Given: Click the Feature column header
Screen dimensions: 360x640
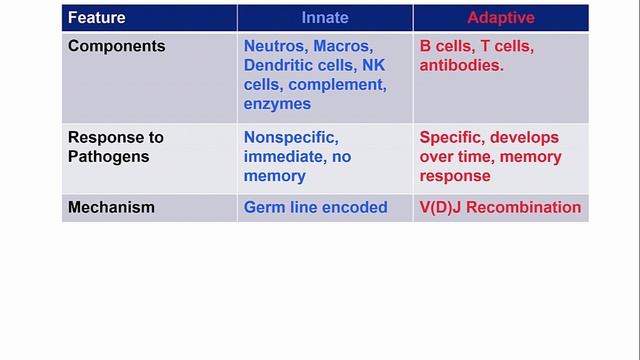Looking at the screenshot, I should [x=96, y=17].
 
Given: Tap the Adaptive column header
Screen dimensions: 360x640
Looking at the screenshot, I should [x=500, y=17].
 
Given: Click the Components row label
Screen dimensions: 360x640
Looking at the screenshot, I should [x=116, y=47].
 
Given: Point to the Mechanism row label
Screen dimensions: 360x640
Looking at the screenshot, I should [x=111, y=208].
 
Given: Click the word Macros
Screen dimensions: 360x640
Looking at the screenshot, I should [x=345, y=47].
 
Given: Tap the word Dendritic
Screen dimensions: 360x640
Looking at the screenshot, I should [x=280, y=66].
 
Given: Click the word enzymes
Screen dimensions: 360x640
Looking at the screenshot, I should [x=277, y=104].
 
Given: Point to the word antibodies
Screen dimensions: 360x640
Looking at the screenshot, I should [x=462, y=66].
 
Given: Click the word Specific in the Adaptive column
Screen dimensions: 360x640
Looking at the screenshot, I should [x=453, y=138].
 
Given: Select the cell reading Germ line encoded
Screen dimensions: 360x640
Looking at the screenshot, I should [x=315, y=208].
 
